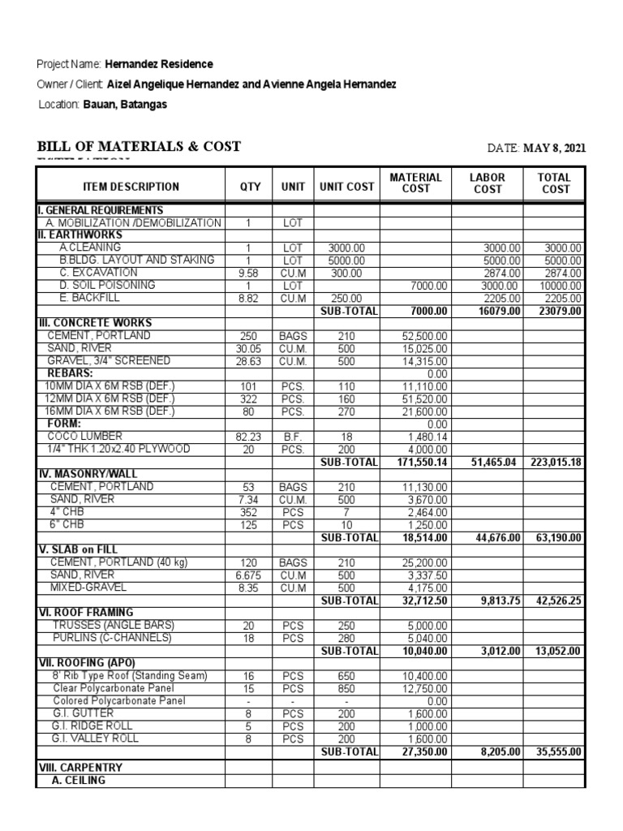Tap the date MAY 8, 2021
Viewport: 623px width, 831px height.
553,148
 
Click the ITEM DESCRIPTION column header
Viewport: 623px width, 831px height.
131,187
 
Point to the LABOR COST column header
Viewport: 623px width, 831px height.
487,183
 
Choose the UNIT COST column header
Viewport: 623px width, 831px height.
347,187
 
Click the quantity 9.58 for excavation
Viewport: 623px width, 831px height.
248,273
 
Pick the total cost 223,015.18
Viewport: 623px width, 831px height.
553,462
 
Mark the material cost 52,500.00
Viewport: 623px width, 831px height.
425,336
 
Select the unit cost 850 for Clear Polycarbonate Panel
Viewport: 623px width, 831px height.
347,688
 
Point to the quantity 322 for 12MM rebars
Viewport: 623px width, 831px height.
248,399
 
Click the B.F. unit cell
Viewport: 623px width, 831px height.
293,437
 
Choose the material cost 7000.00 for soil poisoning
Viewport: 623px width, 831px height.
429,286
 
